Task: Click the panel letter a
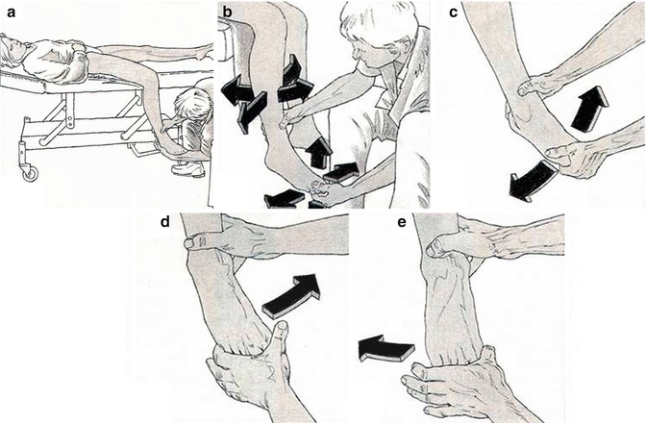12,12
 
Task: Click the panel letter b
228,12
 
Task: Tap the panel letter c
453,12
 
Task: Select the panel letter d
164,221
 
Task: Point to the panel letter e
402,223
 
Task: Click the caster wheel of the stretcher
30,173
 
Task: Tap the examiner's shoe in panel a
187,169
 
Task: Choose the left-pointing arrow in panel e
386,348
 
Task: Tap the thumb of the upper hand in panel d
199,241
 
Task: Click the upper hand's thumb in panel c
532,87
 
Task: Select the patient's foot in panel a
173,147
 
